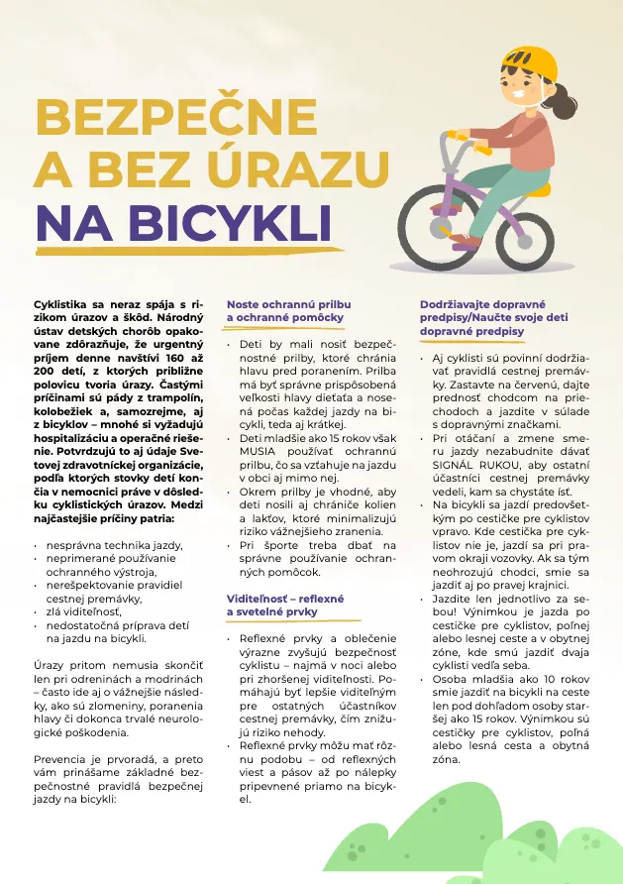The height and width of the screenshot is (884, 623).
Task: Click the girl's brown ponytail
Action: click(569, 99)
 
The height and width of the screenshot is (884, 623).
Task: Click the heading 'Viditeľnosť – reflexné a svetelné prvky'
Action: click(285, 606)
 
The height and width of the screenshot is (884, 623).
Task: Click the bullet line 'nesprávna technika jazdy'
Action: click(114, 545)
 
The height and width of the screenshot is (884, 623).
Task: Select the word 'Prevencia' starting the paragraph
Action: click(61, 754)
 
